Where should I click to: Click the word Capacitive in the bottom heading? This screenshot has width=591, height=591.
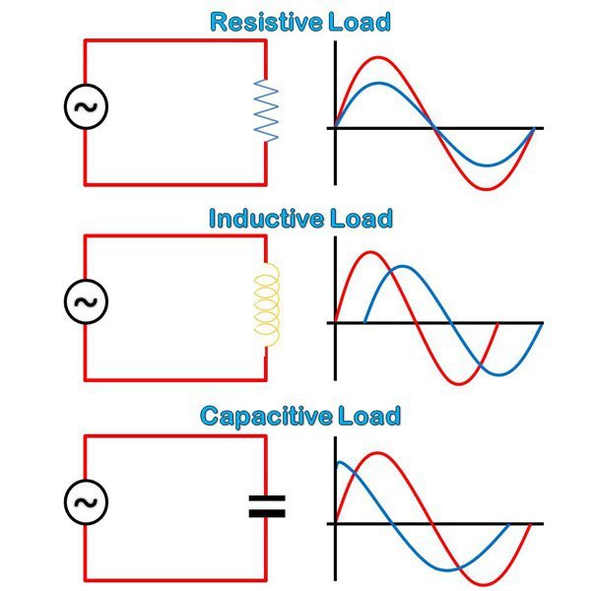tap(260, 416)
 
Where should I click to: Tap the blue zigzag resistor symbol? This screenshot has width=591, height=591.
tap(266, 111)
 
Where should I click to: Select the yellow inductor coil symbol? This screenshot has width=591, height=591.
tap(267, 307)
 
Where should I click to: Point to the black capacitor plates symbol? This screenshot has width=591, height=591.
tap(266, 506)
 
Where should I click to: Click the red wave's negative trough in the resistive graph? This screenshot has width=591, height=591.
tap(485, 188)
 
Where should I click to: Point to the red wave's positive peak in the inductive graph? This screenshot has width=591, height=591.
tap(370, 253)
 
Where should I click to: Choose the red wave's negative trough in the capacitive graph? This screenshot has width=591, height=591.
tap(485, 584)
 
